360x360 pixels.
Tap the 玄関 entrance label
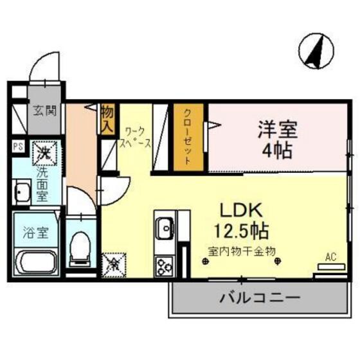coord(45,111)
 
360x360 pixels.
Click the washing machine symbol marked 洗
coord(44,152)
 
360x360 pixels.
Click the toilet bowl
coord(80,248)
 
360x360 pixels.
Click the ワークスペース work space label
coord(136,136)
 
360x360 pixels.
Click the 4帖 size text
coord(278,152)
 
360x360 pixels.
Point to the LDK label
coord(242,210)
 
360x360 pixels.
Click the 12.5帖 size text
coord(242,230)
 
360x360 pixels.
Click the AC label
coord(330,258)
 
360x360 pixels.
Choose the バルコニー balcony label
coord(258,298)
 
